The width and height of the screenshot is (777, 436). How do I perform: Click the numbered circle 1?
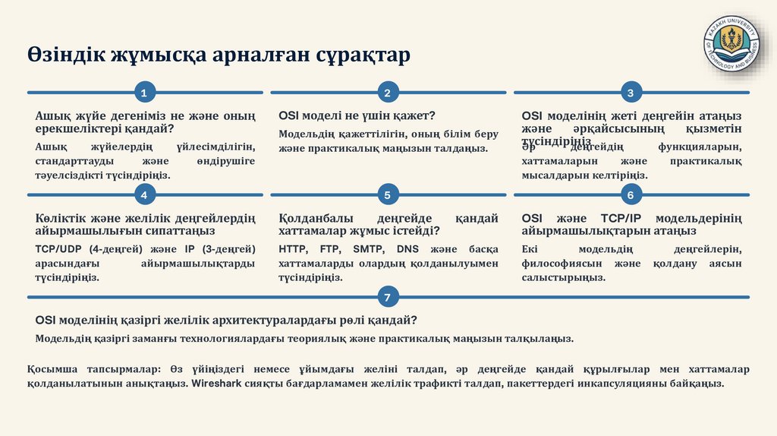pyautogui.click(x=144, y=93)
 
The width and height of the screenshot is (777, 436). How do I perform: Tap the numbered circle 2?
pyautogui.click(x=388, y=93)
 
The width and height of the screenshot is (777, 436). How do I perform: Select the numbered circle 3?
pyautogui.click(x=631, y=93)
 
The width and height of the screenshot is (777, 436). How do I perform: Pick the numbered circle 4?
pyautogui.click(x=144, y=195)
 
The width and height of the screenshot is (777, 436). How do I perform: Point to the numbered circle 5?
pyautogui.click(x=388, y=195)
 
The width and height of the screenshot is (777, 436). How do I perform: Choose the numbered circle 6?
pyautogui.click(x=631, y=195)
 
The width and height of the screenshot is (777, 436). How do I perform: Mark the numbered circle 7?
pyautogui.click(x=388, y=297)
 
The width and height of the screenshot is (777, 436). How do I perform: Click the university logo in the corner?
pyautogui.click(x=731, y=44)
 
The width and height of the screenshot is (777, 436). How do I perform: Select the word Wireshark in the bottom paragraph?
pyautogui.click(x=216, y=384)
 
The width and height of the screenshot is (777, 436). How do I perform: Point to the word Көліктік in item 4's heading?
pyautogui.click(x=61, y=219)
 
